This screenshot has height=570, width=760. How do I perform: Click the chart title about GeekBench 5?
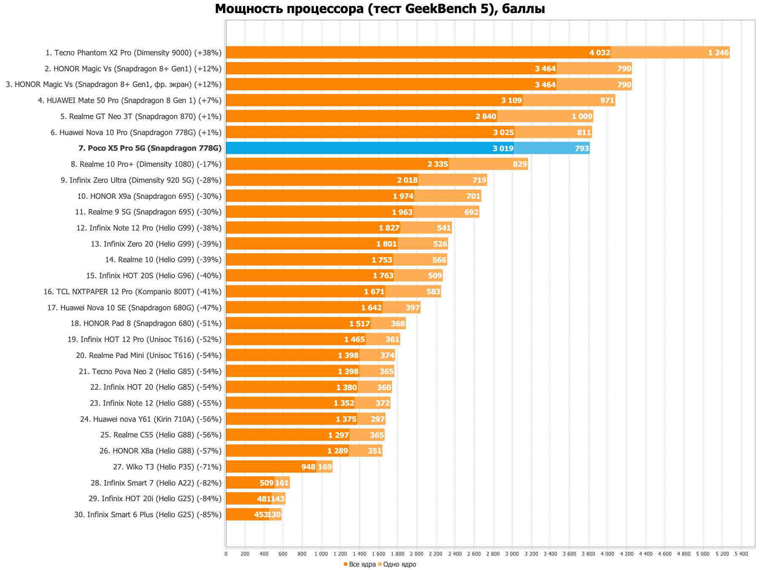pyautogui.click(x=380, y=9)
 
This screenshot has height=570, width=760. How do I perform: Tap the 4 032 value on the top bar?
pyautogui.click(x=600, y=53)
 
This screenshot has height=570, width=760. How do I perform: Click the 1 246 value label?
pyautogui.click(x=718, y=53)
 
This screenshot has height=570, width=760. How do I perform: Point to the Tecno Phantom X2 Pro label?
pyautogui.click(x=133, y=53)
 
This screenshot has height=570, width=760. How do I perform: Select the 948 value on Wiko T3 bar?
pyautogui.click(x=308, y=467)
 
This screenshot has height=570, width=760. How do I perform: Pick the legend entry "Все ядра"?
pyautogui.click(x=359, y=565)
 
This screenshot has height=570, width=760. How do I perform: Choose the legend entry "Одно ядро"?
pyautogui.click(x=397, y=565)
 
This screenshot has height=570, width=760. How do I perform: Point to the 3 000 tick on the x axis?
pyautogui.click(x=512, y=554)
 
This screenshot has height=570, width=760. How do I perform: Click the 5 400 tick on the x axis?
pyautogui.click(x=741, y=554)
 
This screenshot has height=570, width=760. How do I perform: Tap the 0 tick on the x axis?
pyautogui.click(x=226, y=554)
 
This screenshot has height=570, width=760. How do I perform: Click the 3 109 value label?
pyautogui.click(x=511, y=100)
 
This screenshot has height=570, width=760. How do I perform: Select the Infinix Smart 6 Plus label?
pyautogui.click(x=148, y=515)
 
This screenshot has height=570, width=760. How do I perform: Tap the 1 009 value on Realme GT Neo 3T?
pyautogui.click(x=582, y=117)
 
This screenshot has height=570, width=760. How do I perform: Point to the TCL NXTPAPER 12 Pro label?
pyautogui.click(x=133, y=292)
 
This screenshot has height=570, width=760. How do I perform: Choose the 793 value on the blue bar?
pyautogui.click(x=581, y=148)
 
